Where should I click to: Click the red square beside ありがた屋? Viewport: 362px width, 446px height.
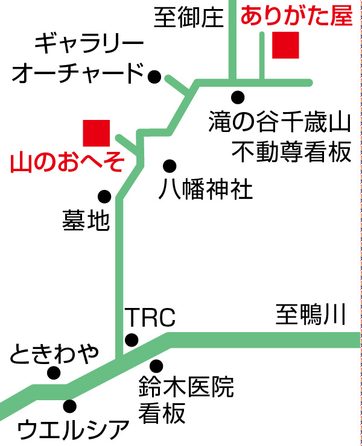click(285, 46)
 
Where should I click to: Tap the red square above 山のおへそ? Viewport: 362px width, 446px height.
click(97, 133)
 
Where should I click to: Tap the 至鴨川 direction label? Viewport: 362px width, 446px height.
click(311, 315)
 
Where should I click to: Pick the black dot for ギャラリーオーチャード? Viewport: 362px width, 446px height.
click(154, 77)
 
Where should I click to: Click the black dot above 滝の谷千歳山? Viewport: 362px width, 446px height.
click(238, 96)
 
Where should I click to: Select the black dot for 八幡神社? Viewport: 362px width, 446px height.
click(170, 165)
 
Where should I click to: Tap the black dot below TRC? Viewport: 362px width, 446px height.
click(131, 340)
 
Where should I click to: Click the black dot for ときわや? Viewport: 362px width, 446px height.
click(54, 374)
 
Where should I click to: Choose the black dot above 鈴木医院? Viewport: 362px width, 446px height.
click(157, 365)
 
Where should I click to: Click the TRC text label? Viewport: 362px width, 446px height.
click(149, 317)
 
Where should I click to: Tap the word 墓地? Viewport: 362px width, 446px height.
click(86, 221)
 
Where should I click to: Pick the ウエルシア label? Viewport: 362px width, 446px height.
click(74, 430)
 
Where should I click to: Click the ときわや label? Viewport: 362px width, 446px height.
click(54, 354)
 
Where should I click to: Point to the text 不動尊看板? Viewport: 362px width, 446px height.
click(291, 152)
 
